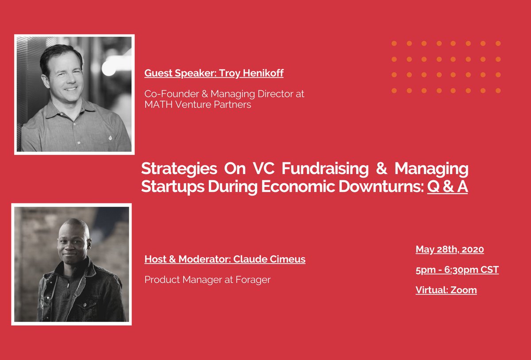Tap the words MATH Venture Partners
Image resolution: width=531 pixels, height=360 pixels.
[x=198, y=105]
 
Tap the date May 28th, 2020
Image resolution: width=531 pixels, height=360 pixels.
[x=450, y=249]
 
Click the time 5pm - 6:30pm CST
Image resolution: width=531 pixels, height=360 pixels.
[x=457, y=270]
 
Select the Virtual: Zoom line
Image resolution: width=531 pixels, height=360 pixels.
[x=446, y=290]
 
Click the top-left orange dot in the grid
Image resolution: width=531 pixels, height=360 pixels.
[x=394, y=43]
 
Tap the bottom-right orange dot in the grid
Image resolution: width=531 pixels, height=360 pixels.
[x=498, y=90]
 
